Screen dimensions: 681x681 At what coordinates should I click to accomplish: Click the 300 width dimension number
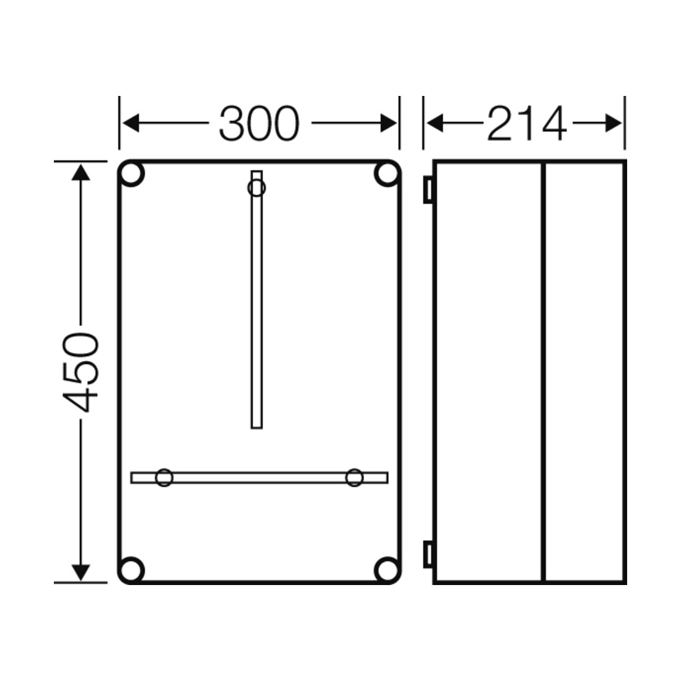point(259,123)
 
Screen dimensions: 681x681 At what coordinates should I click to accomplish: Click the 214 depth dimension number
point(526,124)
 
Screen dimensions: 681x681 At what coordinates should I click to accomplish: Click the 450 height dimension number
point(80,372)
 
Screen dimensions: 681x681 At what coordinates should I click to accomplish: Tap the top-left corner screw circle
point(131,174)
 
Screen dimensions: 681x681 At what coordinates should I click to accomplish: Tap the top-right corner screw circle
point(386,174)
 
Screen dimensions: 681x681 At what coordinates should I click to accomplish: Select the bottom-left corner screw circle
point(131,570)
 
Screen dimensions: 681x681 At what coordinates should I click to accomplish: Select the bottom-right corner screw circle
point(386,570)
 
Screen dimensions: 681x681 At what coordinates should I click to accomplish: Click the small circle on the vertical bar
point(257,188)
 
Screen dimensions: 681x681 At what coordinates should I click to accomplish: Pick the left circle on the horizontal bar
point(164,477)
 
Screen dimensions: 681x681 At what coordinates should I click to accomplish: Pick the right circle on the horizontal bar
point(354,477)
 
